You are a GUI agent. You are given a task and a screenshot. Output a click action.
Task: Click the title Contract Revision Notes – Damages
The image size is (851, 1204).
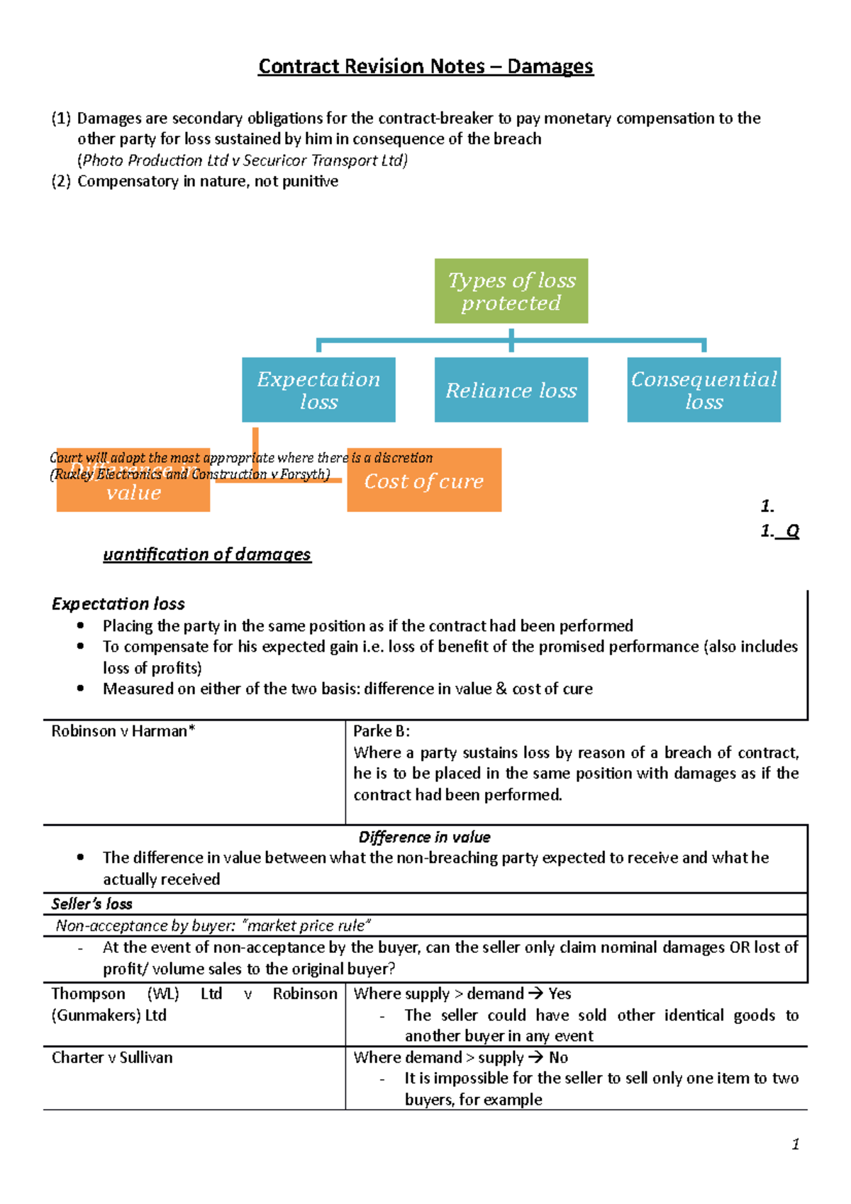click(x=425, y=67)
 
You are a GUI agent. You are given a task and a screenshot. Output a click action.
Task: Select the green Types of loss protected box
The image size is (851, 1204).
click(x=511, y=291)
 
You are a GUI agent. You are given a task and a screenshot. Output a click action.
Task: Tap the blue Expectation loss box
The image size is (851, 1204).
click(x=318, y=390)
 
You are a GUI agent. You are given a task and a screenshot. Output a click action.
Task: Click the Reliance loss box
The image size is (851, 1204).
click(x=511, y=390)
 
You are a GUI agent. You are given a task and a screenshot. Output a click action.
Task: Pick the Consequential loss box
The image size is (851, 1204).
click(x=703, y=390)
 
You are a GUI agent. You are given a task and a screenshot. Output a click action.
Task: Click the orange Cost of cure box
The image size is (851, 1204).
click(x=424, y=481)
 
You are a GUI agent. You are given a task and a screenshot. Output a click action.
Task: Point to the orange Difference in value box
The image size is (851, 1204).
click(x=133, y=492)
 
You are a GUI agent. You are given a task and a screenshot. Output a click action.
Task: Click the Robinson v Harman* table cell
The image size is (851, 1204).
click(x=123, y=731)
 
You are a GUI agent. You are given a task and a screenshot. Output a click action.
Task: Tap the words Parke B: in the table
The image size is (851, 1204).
click(x=382, y=731)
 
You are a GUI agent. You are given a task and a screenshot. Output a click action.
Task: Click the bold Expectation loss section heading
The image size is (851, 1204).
click(x=118, y=604)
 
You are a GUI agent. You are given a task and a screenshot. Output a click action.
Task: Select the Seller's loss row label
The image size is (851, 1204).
click(x=92, y=904)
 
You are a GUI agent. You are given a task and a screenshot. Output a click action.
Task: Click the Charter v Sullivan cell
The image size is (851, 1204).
click(x=112, y=1057)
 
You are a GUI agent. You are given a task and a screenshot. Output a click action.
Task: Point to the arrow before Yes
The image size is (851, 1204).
click(x=535, y=994)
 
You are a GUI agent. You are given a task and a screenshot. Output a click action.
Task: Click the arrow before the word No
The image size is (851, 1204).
click(x=536, y=1058)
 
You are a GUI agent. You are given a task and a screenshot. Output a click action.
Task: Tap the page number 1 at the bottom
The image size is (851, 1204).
click(x=795, y=1144)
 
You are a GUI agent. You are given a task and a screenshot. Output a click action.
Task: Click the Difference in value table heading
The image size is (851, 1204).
click(x=424, y=837)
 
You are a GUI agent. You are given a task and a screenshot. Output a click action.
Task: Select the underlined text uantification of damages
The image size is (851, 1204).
click(x=206, y=554)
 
